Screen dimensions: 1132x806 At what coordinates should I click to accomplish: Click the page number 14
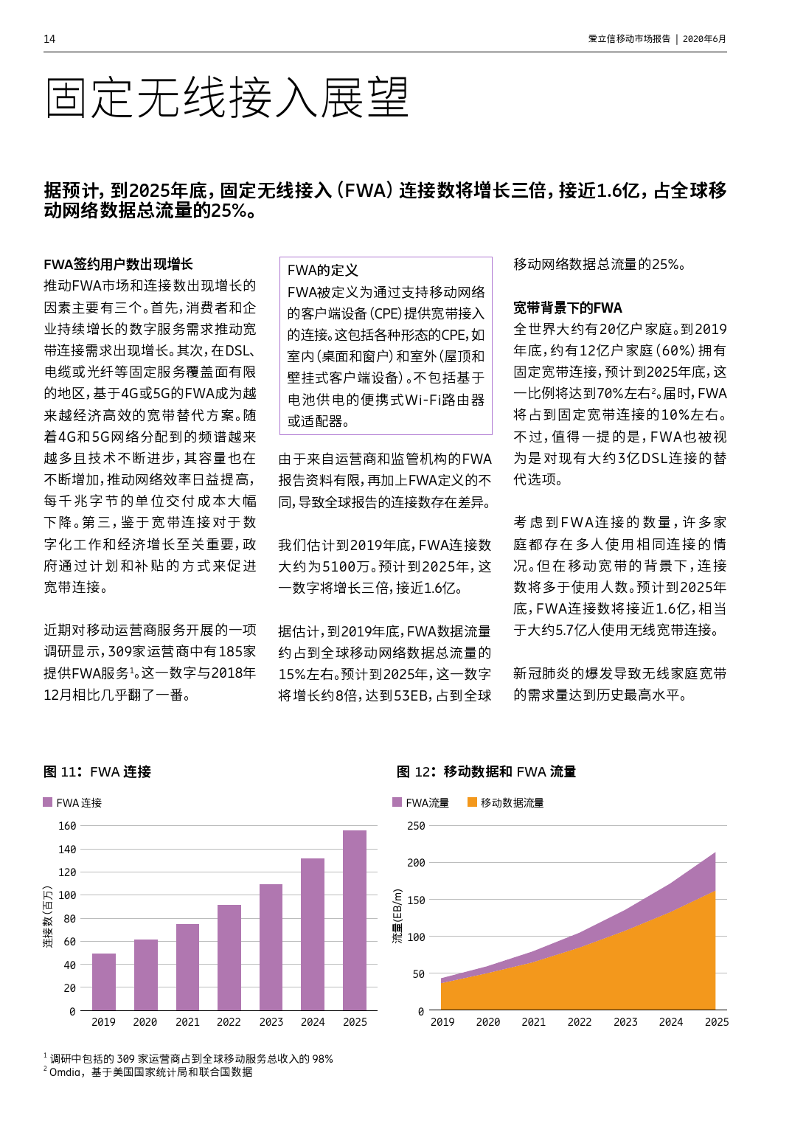pyautogui.click(x=49, y=39)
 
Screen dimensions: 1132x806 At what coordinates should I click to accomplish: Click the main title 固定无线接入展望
pyautogui.click(x=226, y=98)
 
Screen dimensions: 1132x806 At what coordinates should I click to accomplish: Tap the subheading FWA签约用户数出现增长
pyautogui.click(x=118, y=264)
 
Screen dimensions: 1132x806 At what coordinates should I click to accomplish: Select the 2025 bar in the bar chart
pyautogui.click(x=355, y=920)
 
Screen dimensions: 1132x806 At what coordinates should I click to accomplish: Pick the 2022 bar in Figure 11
pyautogui.click(x=229, y=957)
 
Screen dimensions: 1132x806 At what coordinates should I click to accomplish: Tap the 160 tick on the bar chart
pyautogui.click(x=67, y=826)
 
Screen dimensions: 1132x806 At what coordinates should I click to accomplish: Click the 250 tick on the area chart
pyautogui.click(x=416, y=826)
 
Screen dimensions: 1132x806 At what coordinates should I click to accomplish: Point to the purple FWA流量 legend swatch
pyautogui.click(x=397, y=802)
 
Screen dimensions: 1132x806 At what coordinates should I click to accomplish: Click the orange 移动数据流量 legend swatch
pyautogui.click(x=473, y=802)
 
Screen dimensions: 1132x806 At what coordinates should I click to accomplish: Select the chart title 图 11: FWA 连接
pyautogui.click(x=97, y=772)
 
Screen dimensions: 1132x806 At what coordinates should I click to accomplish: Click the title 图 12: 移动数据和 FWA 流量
pyautogui.click(x=486, y=772)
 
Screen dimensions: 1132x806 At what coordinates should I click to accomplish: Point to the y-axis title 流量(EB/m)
pyautogui.click(x=397, y=917)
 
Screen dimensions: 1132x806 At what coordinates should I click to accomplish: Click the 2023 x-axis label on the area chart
pyautogui.click(x=625, y=1022)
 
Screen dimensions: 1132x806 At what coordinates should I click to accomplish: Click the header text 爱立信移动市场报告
pyautogui.click(x=629, y=39)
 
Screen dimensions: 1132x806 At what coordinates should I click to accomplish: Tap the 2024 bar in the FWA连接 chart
pyautogui.click(x=313, y=934)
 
